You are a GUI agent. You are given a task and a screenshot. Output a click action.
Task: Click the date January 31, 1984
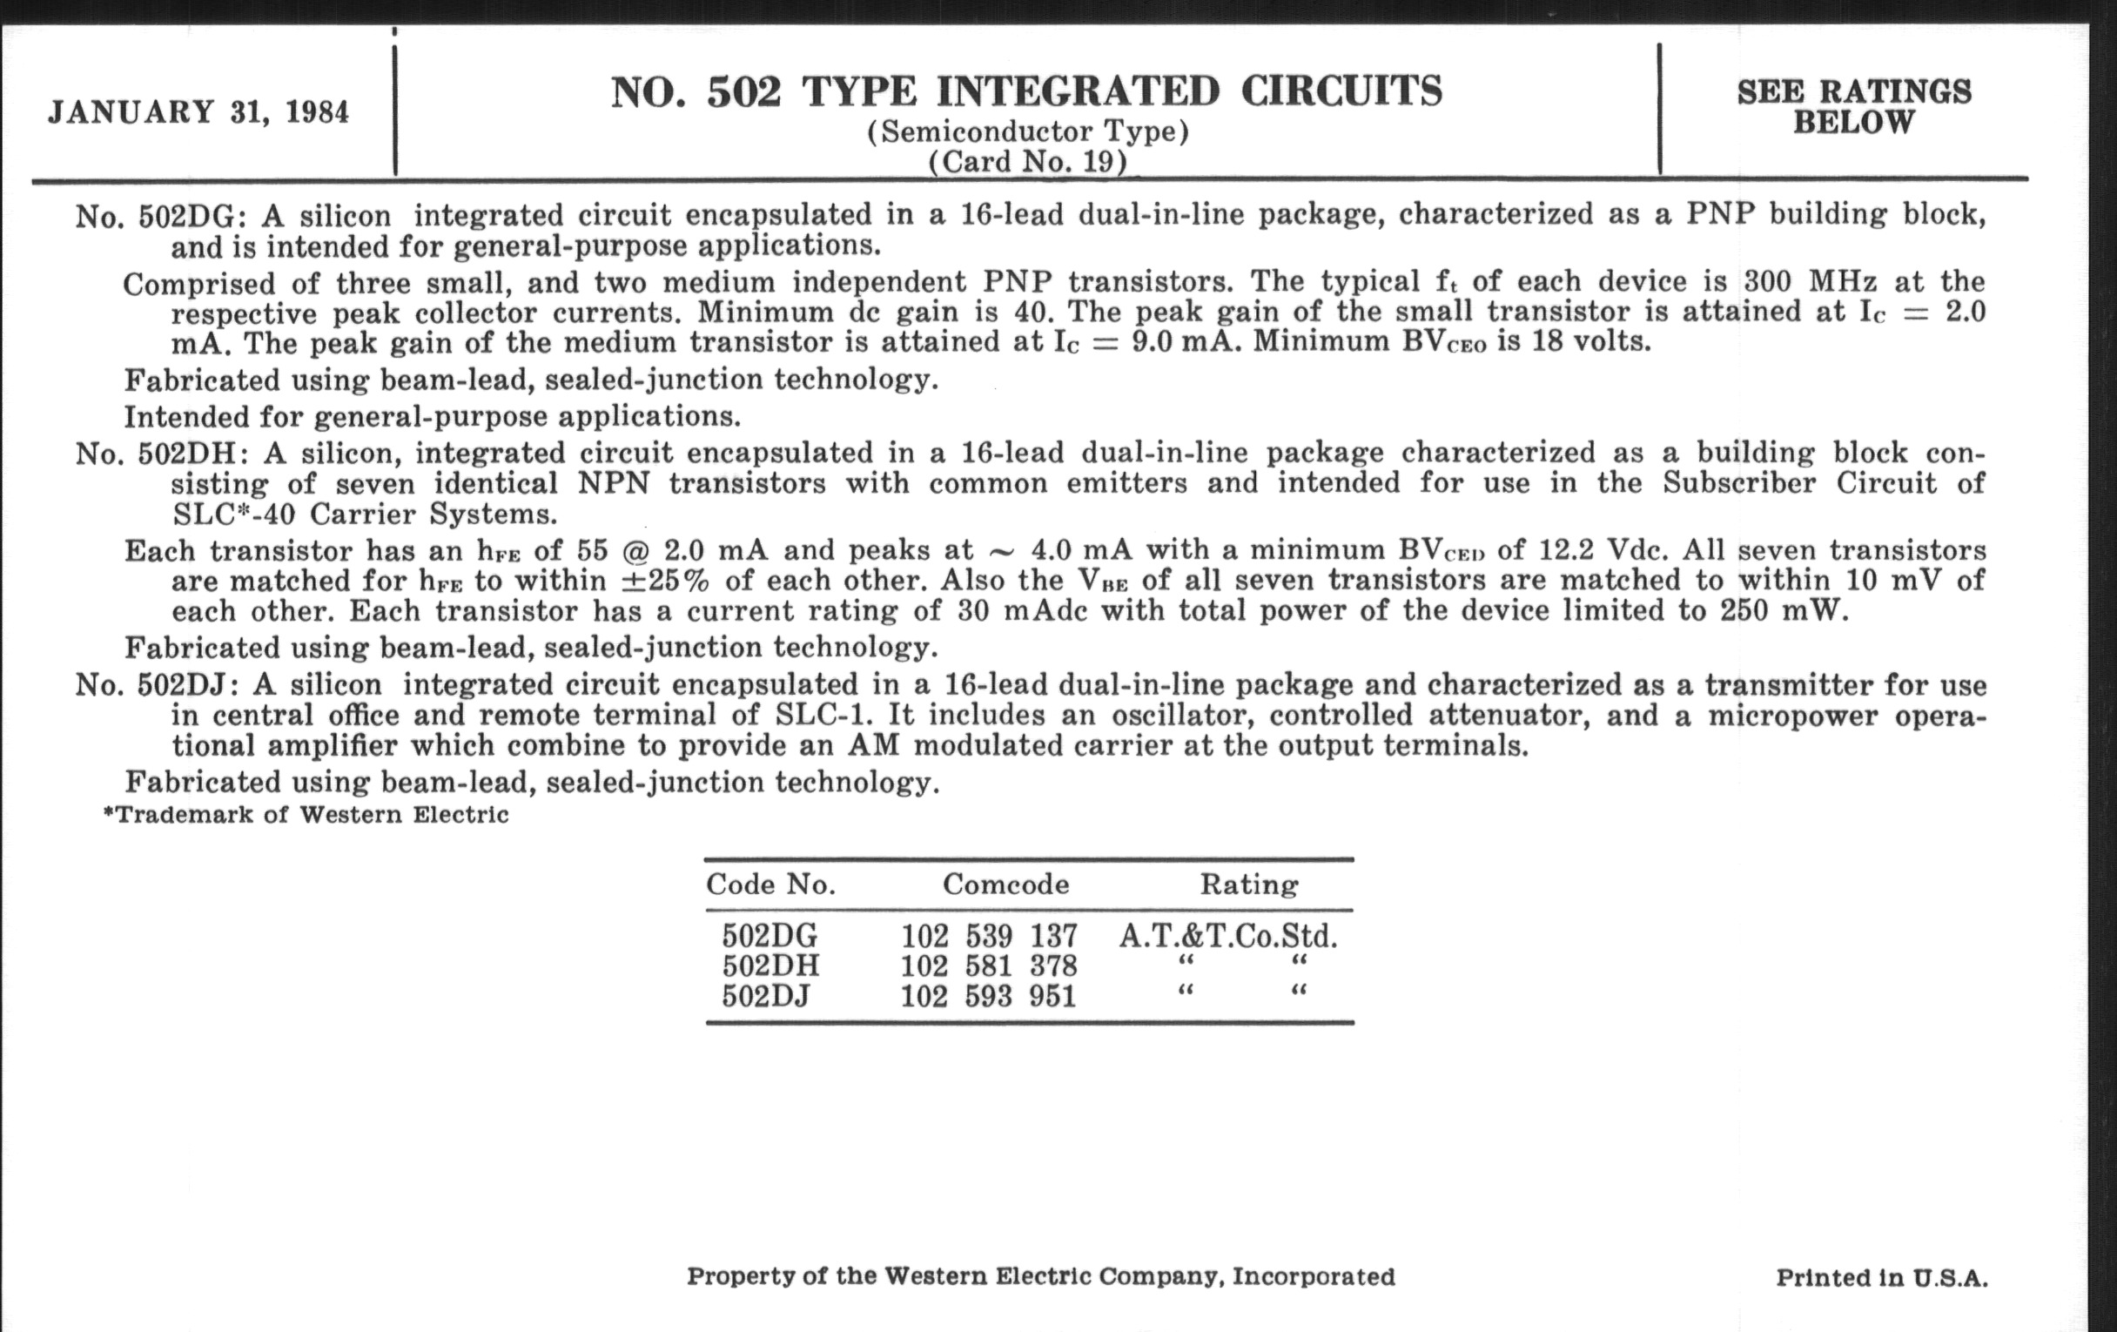(198, 112)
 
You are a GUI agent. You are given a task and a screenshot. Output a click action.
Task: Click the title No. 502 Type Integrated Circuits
(1027, 91)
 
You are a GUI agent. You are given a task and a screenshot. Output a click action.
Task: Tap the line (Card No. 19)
(1027, 162)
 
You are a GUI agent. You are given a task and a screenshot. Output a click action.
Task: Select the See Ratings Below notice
(1853, 106)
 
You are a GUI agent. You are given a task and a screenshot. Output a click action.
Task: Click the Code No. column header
(770, 885)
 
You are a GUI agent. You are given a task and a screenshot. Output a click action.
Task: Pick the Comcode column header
(1005, 885)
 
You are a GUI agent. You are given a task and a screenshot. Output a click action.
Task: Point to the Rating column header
(1248, 885)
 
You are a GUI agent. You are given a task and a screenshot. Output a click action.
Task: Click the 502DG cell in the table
(770, 936)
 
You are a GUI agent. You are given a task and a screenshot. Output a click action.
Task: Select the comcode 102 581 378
(988, 966)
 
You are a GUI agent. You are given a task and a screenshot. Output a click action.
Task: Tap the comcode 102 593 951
(988, 996)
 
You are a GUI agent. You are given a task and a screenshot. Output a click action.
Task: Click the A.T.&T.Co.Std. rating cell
(1228, 936)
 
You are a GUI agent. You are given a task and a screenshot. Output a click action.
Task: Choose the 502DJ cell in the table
(766, 996)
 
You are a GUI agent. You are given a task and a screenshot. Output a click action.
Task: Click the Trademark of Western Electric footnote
(306, 815)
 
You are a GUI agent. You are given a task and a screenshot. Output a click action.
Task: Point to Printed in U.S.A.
(1881, 1277)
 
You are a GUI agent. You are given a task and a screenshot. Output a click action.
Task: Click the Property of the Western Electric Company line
(1041, 1275)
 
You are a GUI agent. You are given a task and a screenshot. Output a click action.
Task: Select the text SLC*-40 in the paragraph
(233, 514)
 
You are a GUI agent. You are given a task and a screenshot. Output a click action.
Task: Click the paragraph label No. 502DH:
(164, 454)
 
